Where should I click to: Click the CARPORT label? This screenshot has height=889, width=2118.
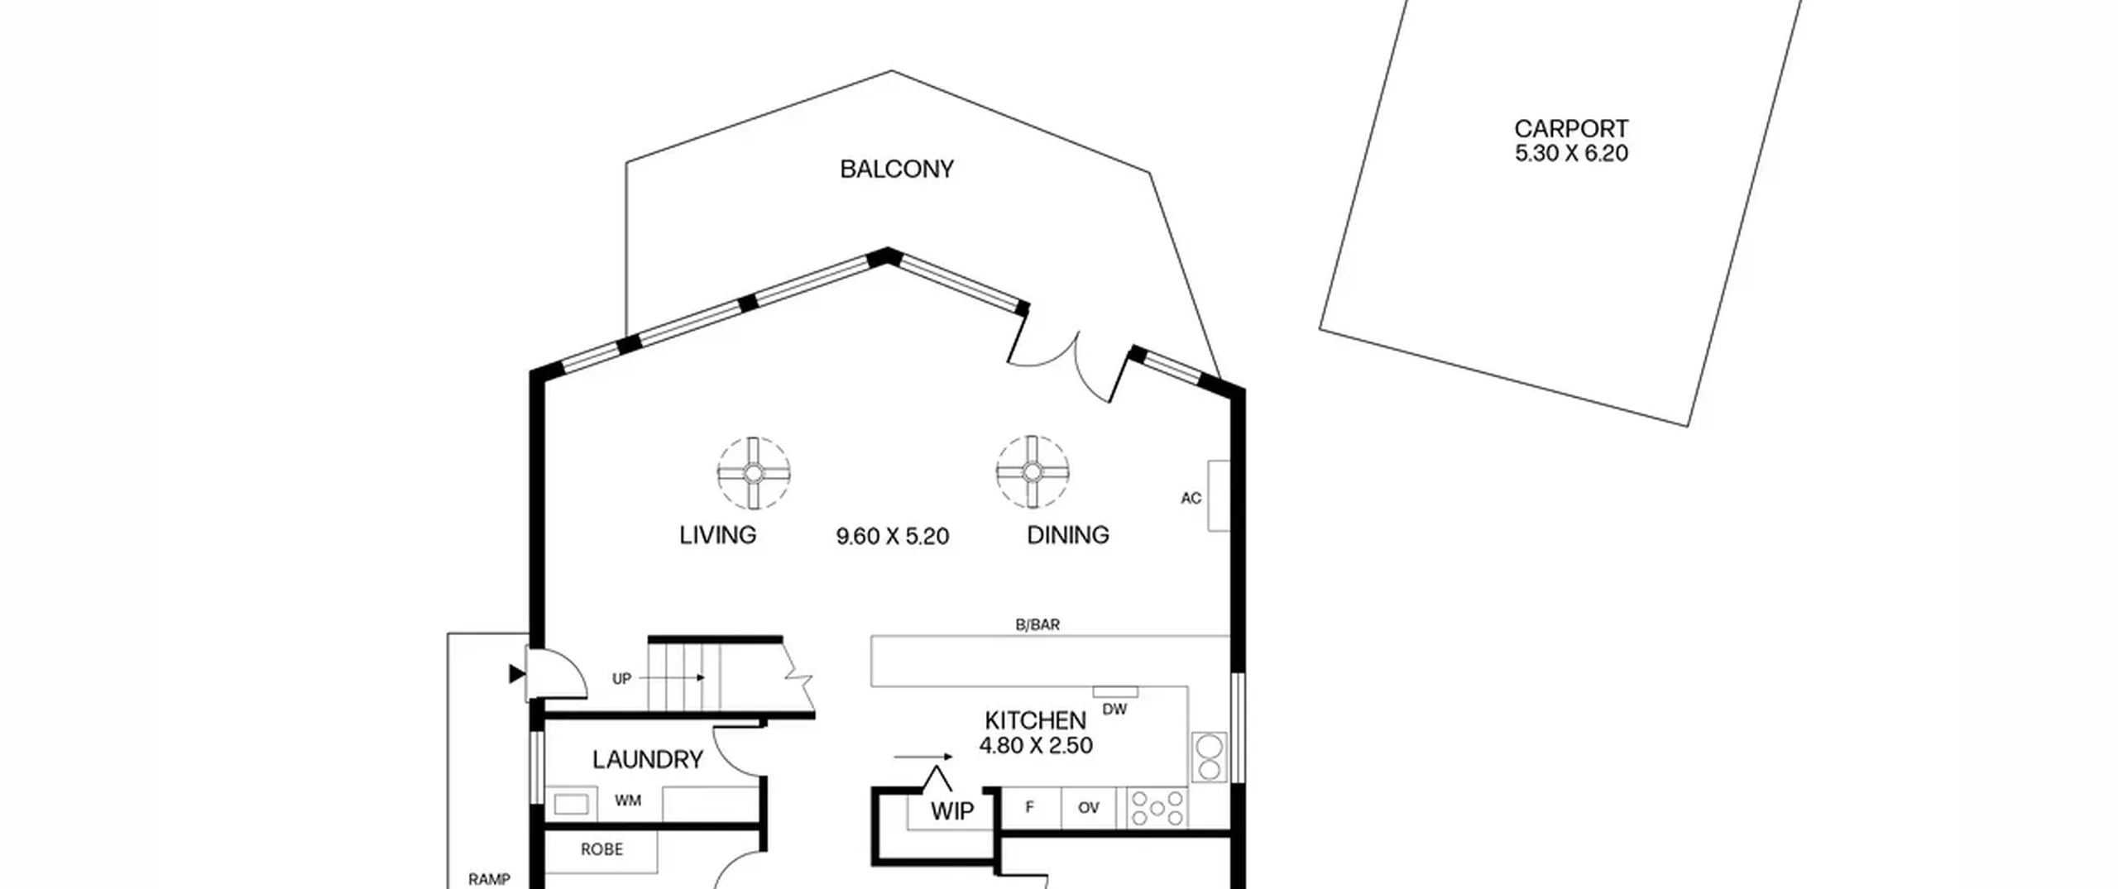(1571, 129)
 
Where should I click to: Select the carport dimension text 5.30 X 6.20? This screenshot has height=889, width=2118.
(1571, 154)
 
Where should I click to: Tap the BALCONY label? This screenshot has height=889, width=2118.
(897, 170)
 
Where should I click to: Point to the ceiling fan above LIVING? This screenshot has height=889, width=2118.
(754, 473)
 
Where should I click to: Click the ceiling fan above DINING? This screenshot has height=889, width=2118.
(1032, 472)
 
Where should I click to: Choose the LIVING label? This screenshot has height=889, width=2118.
(717, 535)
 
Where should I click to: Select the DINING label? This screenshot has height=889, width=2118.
(1067, 535)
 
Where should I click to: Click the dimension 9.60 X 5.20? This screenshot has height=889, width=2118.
(892, 537)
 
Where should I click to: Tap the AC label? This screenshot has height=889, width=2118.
(1191, 499)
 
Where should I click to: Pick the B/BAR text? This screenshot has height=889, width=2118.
(1037, 625)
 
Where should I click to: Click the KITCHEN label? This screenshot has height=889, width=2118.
(1035, 720)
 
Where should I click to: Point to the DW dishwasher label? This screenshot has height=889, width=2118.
(1114, 710)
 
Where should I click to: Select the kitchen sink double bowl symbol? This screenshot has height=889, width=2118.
(1209, 758)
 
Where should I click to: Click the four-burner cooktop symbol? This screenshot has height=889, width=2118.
(1157, 809)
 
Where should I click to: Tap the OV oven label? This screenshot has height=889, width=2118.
(1088, 808)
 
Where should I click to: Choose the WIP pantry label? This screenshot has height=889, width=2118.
(952, 811)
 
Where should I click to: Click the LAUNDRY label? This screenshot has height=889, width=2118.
(648, 759)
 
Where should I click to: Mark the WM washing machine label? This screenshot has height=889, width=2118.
(628, 801)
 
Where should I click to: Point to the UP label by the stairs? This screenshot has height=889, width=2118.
(621, 679)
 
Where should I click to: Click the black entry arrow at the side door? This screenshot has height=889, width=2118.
(517, 674)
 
